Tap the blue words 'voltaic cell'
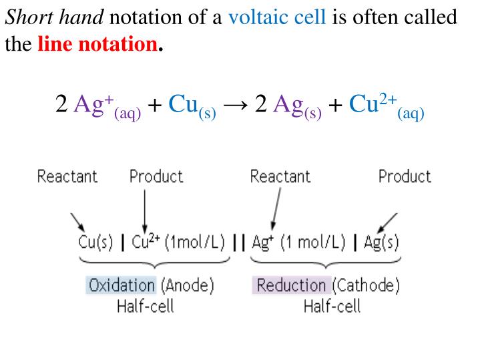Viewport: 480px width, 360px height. tap(277, 16)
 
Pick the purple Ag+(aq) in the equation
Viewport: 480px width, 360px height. tap(107, 107)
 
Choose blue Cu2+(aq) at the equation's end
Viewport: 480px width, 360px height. tap(387, 107)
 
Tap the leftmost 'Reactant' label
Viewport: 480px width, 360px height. tap(67, 177)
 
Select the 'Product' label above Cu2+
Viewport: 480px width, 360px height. tap(156, 177)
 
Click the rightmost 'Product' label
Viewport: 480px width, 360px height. tap(405, 177)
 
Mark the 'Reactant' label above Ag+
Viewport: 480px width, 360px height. tap(280, 177)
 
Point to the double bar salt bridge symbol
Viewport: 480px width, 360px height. tap(239, 241)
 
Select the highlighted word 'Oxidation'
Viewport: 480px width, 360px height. tap(121, 287)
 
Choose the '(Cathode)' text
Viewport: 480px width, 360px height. tap(365, 287)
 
